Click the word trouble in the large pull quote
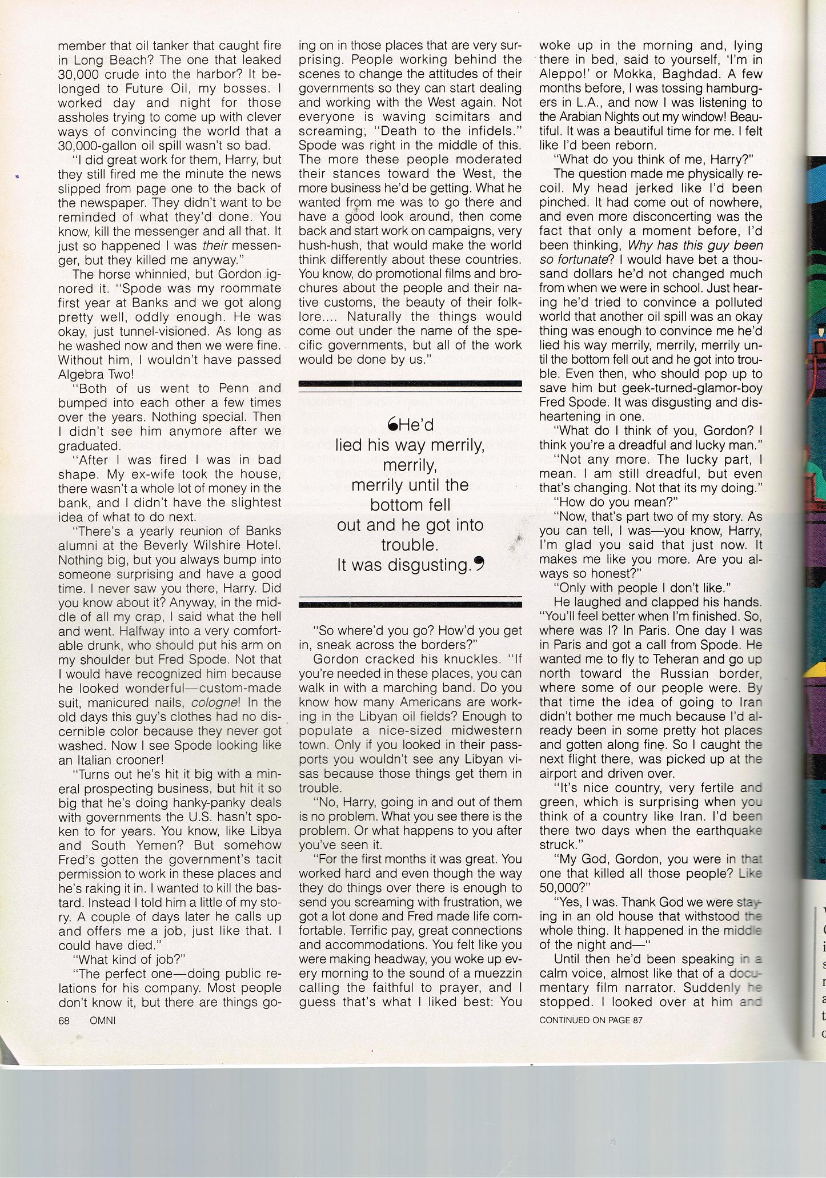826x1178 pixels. click(410, 545)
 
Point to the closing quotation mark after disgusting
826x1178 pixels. click(479, 564)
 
